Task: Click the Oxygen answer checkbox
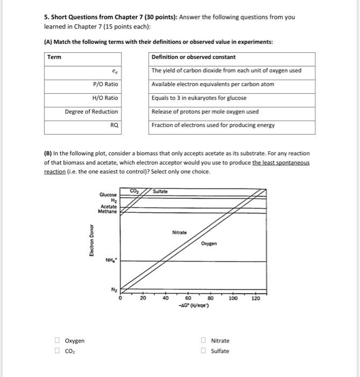57,340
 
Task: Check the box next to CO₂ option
57,351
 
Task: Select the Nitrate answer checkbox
203,340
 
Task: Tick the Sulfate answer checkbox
203,351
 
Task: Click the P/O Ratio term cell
105,84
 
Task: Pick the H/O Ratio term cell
105,98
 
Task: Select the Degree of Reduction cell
91,111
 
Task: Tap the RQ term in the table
114,125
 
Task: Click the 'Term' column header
54,57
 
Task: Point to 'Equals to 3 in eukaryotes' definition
199,98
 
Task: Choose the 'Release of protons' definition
205,111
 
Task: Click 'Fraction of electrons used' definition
213,125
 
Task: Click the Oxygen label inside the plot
210,243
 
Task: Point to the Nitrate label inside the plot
180,232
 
